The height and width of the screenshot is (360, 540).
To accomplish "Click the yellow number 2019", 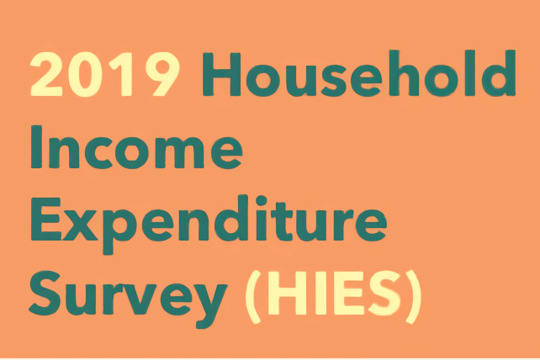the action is click(x=105, y=74).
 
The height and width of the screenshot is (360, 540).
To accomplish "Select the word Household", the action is click(x=359, y=73).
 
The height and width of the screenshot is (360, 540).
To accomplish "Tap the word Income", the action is click(x=137, y=147).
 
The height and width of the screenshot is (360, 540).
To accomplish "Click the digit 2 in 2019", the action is click(x=46, y=74).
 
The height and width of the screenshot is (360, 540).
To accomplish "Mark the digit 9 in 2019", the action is click(x=162, y=74).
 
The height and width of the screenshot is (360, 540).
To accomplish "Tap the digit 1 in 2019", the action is click(x=124, y=74).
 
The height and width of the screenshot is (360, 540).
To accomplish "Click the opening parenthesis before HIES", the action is click(x=253, y=297).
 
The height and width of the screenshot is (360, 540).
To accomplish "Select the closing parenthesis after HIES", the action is click(x=413, y=297).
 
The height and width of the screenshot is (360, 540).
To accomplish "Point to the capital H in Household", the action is click(x=222, y=74).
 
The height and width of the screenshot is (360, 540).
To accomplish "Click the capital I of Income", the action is click(x=36, y=146).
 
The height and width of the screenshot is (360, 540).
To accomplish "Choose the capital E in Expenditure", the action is click(x=45, y=220).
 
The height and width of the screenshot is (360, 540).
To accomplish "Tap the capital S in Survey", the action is click(x=45, y=294).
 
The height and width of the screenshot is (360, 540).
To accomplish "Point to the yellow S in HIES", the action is click(x=384, y=294).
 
